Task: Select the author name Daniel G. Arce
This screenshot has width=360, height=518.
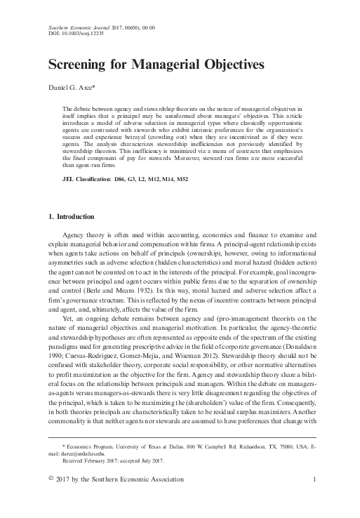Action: click(69, 90)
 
